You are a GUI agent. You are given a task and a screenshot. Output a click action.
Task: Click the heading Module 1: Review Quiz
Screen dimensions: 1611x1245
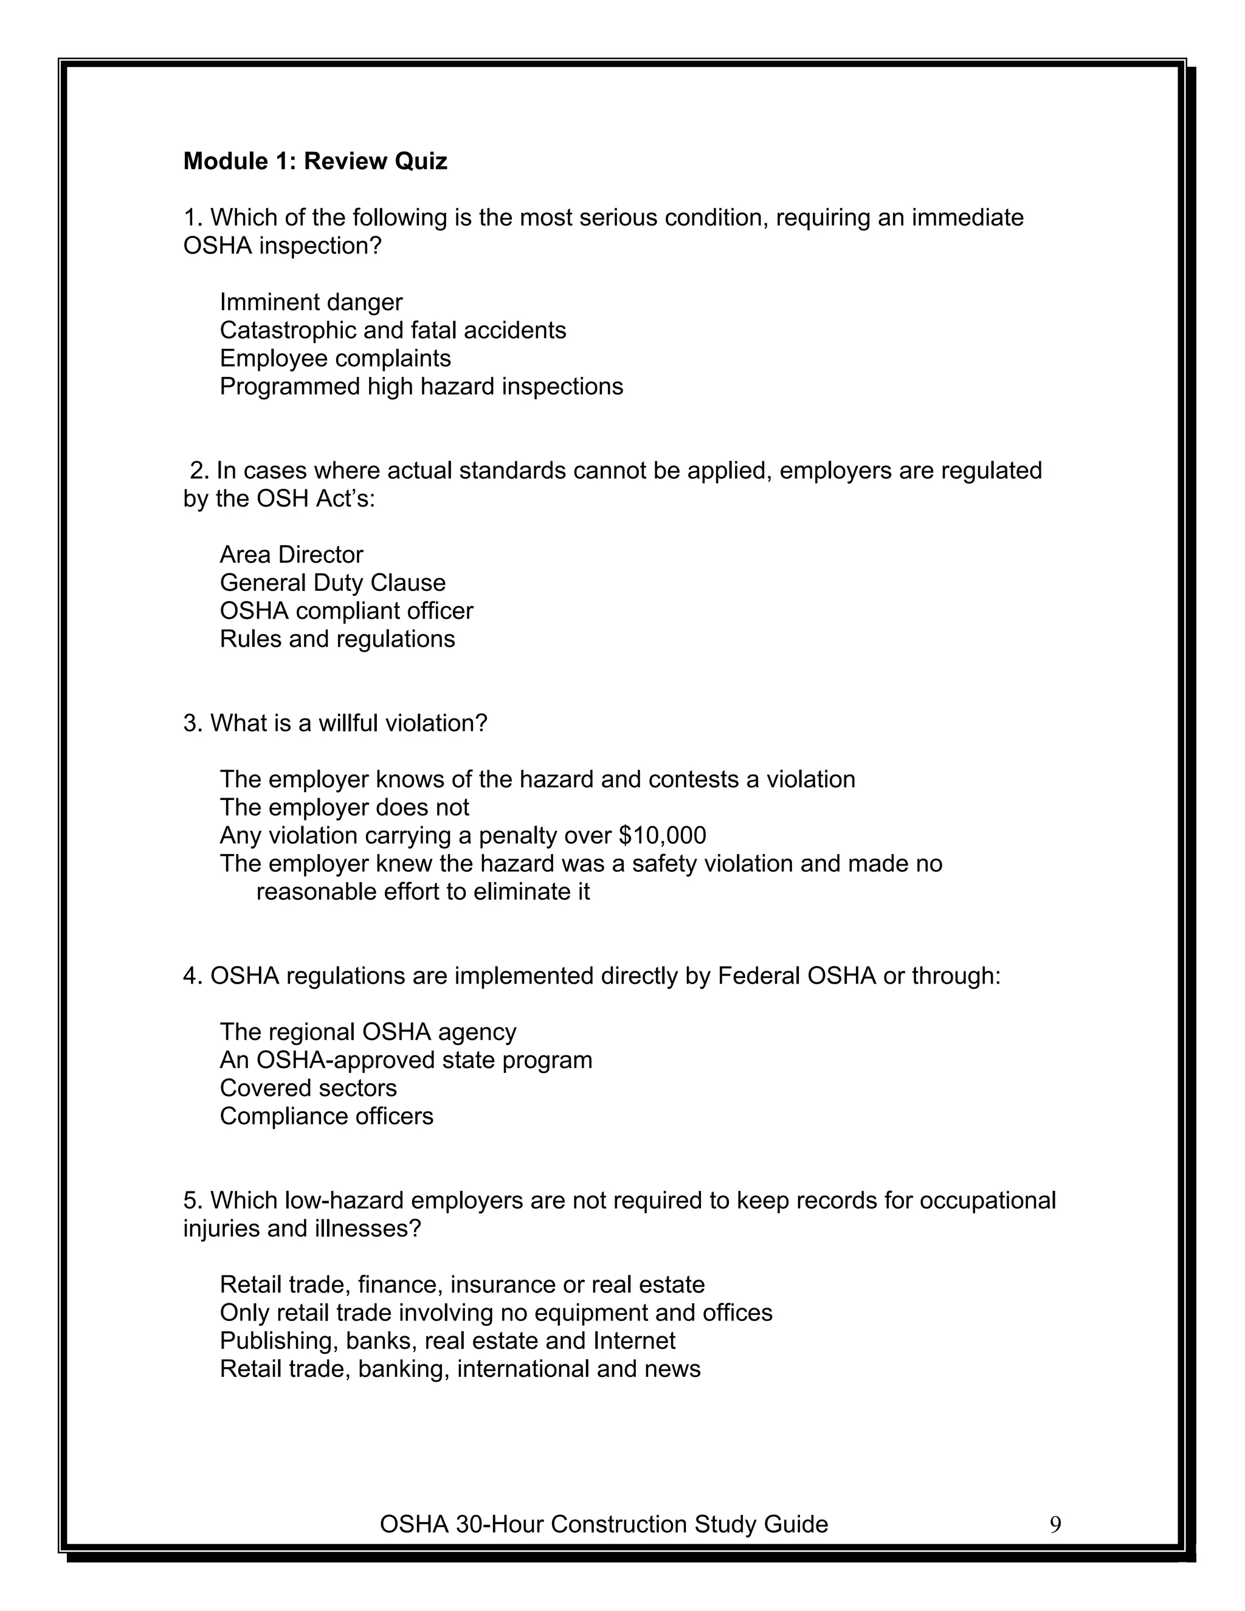(315, 161)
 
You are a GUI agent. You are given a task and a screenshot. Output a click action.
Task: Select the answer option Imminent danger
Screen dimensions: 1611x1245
(311, 302)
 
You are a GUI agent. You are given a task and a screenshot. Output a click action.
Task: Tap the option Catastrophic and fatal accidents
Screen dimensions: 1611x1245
(392, 329)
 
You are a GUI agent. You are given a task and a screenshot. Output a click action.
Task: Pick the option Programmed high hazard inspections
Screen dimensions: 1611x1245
(421, 386)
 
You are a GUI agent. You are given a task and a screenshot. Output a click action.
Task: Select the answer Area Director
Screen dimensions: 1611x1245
(291, 554)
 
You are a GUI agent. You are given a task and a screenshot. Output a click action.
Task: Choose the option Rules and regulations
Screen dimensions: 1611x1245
(337, 638)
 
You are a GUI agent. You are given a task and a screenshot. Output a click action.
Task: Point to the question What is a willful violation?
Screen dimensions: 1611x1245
(336, 723)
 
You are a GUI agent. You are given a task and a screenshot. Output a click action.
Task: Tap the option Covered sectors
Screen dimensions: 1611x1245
(308, 1088)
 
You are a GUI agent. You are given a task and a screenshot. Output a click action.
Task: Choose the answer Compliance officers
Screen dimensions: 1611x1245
(326, 1116)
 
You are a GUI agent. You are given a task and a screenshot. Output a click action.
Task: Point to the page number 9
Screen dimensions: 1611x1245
(1055, 1524)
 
